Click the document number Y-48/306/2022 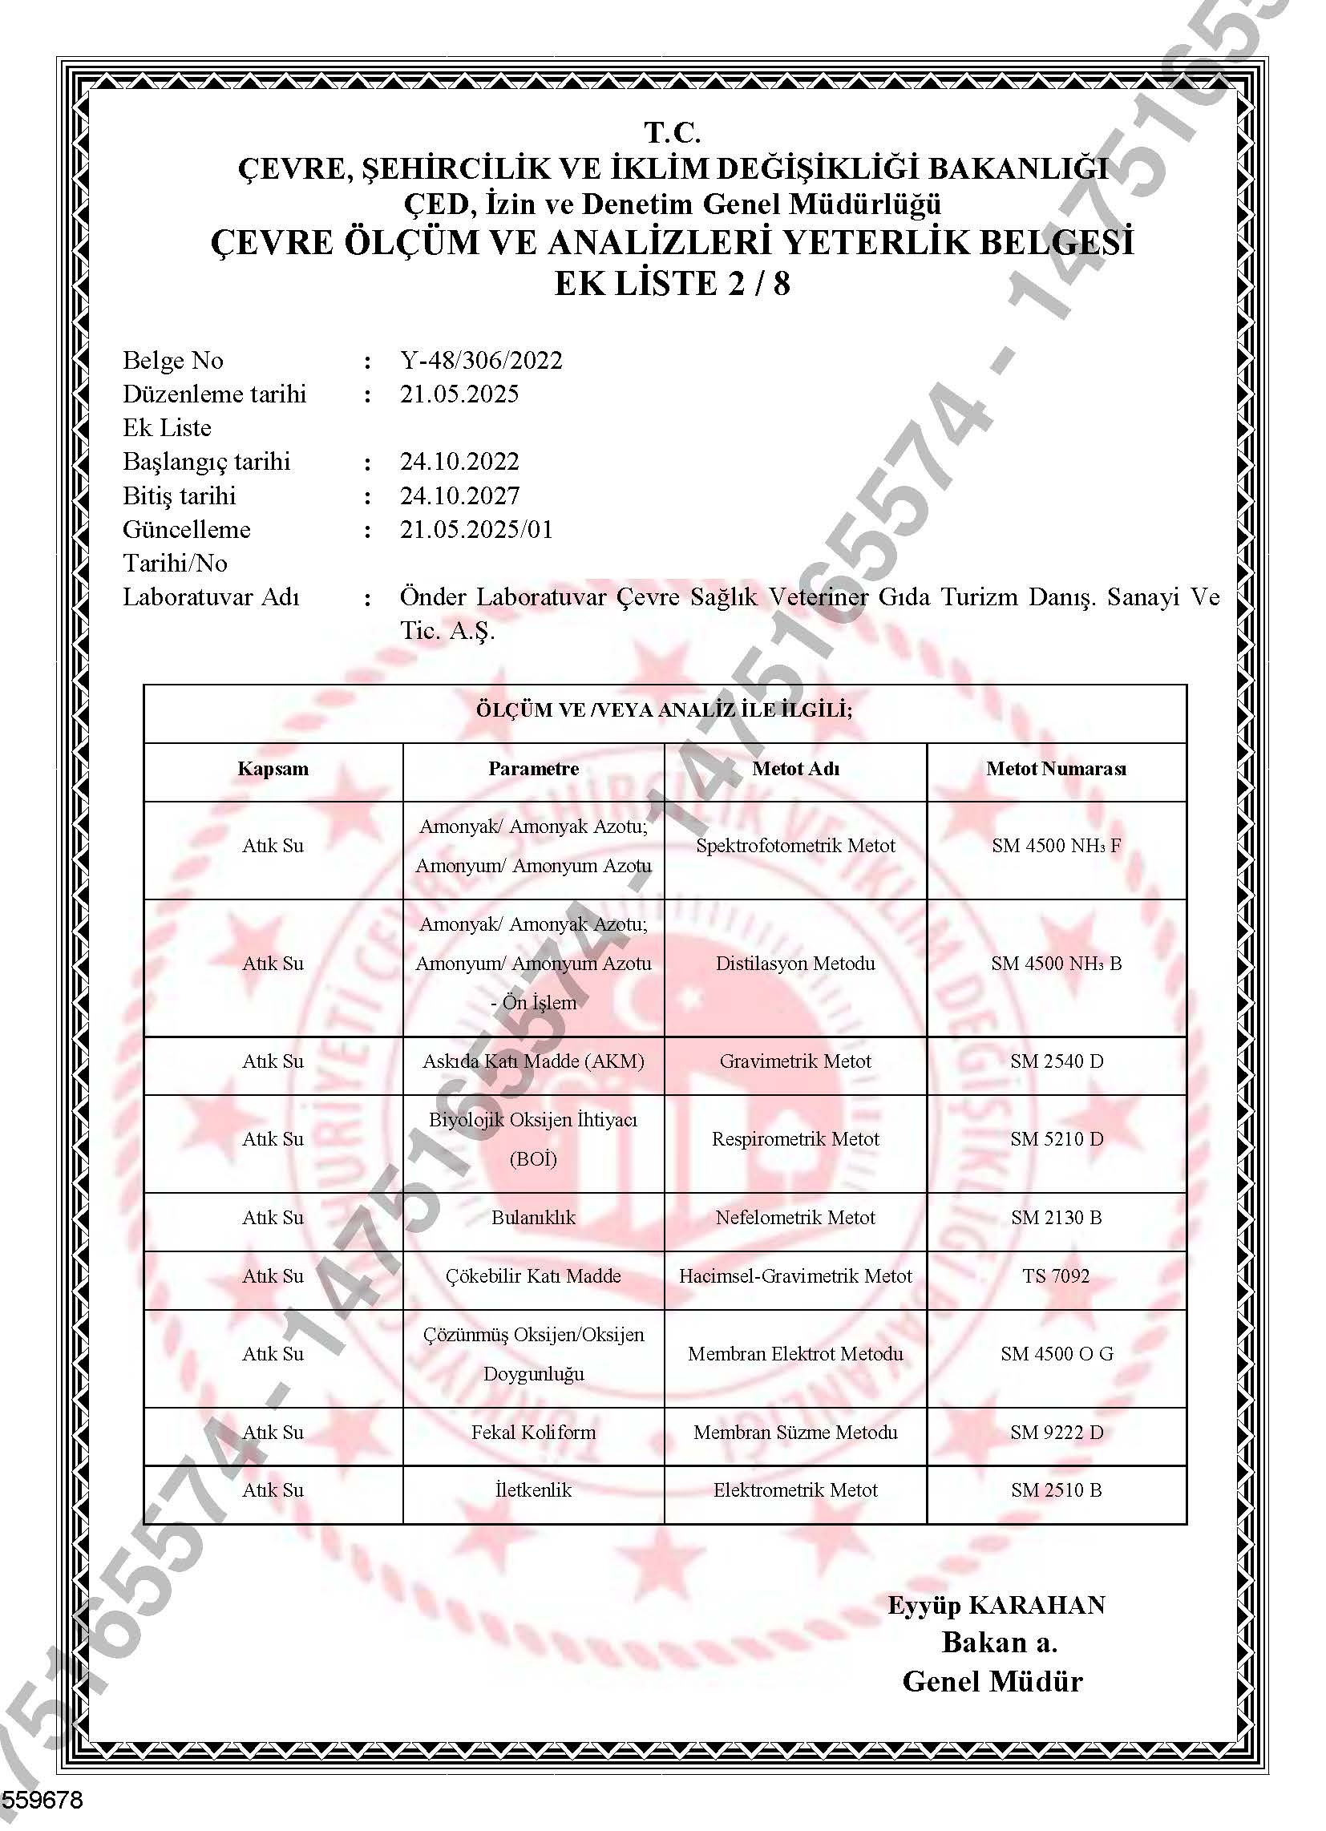click(x=481, y=360)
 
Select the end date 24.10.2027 click(x=459, y=495)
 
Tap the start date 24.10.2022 click(x=459, y=461)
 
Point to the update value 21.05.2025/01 click(x=476, y=529)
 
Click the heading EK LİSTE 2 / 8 click(x=672, y=284)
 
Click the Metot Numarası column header click(x=1057, y=769)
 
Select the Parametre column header click(x=533, y=769)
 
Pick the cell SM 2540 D click(x=1057, y=1061)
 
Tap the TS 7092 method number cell click(x=1057, y=1275)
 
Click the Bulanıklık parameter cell click(x=533, y=1218)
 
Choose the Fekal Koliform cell click(x=533, y=1433)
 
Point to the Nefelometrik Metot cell click(x=795, y=1218)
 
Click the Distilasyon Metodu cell click(x=795, y=963)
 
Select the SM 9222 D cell click(x=1057, y=1433)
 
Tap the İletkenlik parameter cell click(x=533, y=1490)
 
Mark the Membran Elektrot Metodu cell click(x=795, y=1354)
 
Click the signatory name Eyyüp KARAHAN click(x=997, y=1605)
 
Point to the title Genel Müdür click(x=992, y=1681)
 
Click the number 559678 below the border click(x=42, y=1800)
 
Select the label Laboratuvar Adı click(x=211, y=596)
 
